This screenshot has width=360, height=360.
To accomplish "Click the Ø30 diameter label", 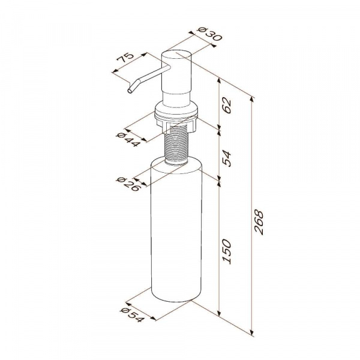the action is (210, 34).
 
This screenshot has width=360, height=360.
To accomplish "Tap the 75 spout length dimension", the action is (125, 58).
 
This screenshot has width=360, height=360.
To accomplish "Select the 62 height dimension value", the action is (227, 106).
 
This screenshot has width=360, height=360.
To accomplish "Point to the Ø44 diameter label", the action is (128, 140).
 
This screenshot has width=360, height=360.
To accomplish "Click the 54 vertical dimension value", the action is (227, 158).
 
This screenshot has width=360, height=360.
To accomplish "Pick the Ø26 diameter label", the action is (128, 184).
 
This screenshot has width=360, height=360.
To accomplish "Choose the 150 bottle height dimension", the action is (227, 251).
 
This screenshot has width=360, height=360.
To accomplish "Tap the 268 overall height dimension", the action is (259, 222).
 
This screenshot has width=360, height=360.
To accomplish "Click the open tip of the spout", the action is (130, 91).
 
